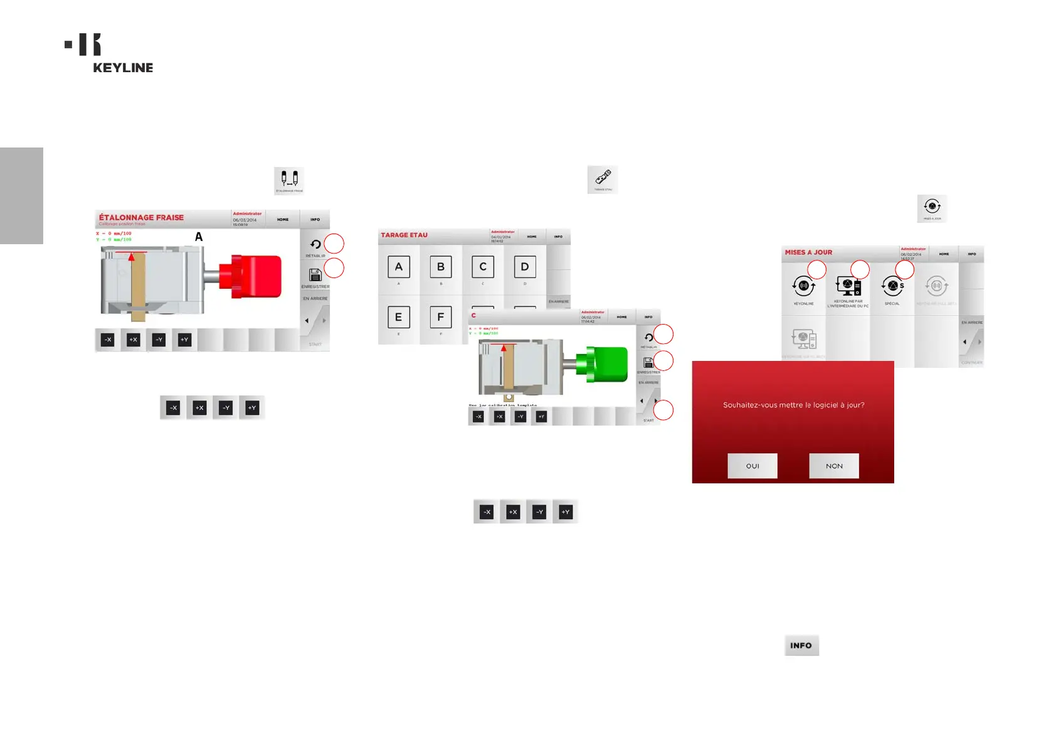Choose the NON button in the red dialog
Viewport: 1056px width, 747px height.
click(833, 466)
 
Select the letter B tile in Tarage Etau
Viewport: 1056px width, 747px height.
click(441, 267)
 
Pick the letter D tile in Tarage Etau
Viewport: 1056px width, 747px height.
click(525, 267)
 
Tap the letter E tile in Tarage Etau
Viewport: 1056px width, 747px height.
click(399, 318)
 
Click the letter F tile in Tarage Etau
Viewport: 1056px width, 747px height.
click(441, 318)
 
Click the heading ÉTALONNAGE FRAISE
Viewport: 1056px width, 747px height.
click(142, 218)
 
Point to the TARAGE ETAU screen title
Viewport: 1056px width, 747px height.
click(404, 235)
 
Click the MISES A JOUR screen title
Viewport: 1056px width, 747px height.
click(808, 252)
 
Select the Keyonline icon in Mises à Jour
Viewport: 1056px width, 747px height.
click(803, 288)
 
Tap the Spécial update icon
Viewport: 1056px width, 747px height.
click(892, 287)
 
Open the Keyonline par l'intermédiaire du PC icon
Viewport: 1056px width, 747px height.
click(848, 287)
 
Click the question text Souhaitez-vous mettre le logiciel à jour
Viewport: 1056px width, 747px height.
click(793, 406)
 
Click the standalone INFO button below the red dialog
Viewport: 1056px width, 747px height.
click(801, 645)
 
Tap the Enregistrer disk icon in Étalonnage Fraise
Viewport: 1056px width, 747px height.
click(315, 275)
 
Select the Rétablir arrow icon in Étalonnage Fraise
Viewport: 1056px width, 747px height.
click(315, 245)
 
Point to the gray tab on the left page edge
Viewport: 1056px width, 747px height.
click(21, 195)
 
